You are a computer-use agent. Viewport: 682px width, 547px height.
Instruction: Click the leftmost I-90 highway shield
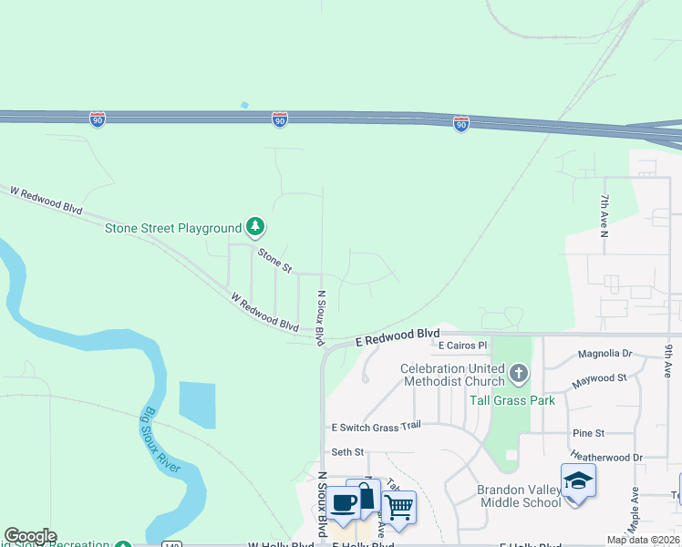click(98, 119)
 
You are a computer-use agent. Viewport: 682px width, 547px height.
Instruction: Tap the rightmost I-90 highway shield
click(461, 124)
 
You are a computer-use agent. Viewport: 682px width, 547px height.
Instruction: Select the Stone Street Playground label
click(173, 228)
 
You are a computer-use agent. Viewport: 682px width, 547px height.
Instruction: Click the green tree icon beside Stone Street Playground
click(256, 227)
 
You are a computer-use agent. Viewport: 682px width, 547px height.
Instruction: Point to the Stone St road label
click(274, 261)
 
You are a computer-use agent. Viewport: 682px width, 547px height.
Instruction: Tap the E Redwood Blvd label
click(398, 336)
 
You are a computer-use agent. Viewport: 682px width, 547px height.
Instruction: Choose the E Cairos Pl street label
click(463, 346)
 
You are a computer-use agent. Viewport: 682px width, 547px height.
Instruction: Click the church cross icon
click(519, 372)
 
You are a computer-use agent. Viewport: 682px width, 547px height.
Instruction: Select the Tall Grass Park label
click(511, 400)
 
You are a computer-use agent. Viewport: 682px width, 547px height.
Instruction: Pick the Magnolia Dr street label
click(605, 354)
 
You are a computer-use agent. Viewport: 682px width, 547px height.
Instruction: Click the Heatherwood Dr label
click(606, 457)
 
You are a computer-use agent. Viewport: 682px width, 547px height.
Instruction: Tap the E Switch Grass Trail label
click(376, 426)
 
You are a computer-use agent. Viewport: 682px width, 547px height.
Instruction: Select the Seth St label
click(347, 451)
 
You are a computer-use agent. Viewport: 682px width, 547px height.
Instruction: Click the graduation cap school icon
click(578, 480)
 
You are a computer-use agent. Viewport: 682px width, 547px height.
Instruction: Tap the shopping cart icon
click(398, 506)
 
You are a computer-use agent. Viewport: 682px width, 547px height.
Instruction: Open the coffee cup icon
click(344, 502)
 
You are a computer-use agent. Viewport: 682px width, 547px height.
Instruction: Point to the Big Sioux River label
click(161, 441)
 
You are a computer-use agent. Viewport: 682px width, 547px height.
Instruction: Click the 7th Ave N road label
click(604, 215)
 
